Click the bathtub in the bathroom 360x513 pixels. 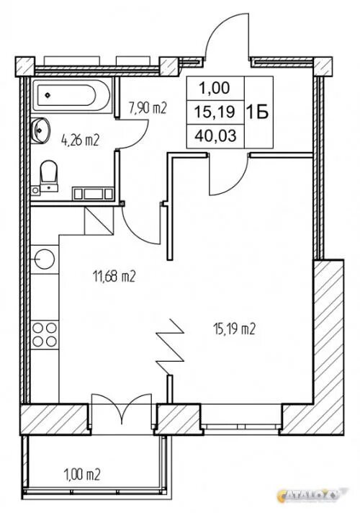coord(72,95)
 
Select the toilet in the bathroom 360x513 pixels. coord(48,175)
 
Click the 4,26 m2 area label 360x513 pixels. coord(80,141)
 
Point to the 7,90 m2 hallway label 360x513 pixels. coord(148,108)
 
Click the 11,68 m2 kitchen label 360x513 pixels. coord(114,277)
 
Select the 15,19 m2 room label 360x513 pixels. coord(234,329)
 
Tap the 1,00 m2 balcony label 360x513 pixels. coord(82,474)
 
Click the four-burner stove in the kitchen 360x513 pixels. coord(45,335)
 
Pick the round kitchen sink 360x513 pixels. coord(45,259)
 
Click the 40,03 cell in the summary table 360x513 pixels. coord(215,135)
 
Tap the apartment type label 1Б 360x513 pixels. coord(257,112)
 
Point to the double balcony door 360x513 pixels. coord(121,410)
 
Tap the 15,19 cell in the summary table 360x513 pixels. coord(215,112)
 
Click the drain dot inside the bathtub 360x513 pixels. coord(48,95)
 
